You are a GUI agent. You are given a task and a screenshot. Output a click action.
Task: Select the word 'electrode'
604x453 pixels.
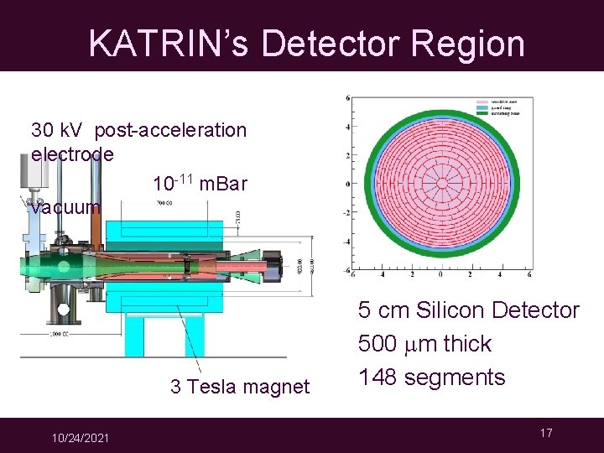72,154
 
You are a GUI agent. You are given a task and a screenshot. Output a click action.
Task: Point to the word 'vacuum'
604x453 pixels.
65,206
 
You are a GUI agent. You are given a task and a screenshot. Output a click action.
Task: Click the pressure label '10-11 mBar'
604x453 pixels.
200,182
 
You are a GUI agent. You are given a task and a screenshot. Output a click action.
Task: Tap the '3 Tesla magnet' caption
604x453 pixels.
240,386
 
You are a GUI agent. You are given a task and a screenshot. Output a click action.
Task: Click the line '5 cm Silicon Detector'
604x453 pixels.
468,310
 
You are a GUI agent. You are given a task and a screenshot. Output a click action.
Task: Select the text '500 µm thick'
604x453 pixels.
424,344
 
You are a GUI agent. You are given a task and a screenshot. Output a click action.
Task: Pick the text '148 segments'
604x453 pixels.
431,377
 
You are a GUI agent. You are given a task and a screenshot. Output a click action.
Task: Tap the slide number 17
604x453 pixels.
546,433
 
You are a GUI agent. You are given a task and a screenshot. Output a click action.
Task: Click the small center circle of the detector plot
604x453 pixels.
440,185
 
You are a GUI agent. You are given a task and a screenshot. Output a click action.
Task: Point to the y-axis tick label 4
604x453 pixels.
347,128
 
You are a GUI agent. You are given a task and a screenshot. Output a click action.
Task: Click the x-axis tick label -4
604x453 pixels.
383,274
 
